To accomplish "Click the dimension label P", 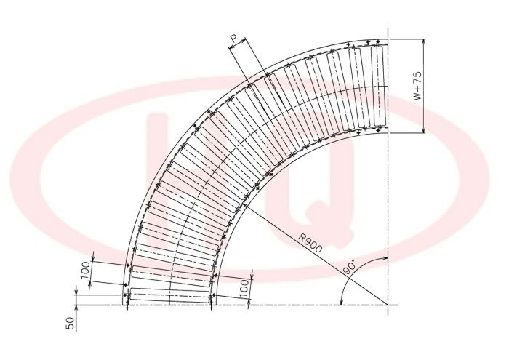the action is coord(234,39).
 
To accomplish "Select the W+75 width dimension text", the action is coord(418,86).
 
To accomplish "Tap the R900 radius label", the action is coord(310,243).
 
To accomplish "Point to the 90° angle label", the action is coord(349,268).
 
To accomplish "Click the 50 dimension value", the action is coord(71,323).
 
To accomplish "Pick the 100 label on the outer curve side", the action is coord(85,270).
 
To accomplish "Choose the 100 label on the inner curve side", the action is coord(244,288).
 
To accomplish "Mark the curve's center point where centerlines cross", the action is coord(388,305).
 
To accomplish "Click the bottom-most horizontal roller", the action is coord(169,295).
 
